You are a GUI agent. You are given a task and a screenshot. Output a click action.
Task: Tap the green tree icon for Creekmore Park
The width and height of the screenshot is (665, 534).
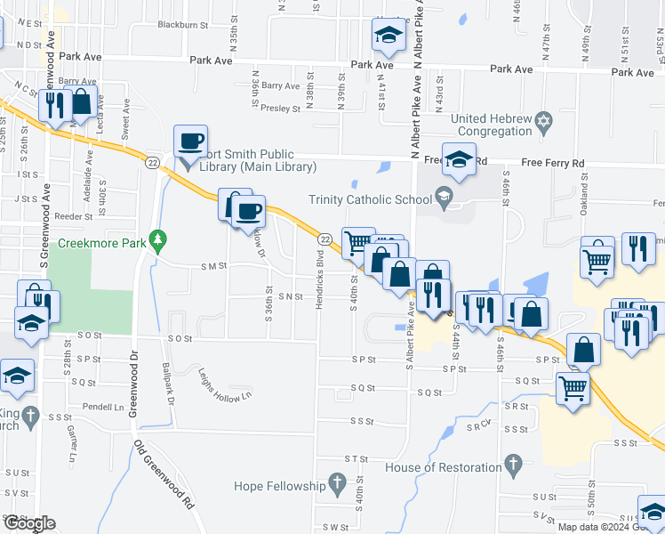[x=157, y=239]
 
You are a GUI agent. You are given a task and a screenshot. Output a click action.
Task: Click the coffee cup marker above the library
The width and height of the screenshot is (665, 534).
[x=190, y=141]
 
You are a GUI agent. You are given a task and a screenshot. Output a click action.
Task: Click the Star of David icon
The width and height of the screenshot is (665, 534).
[x=544, y=119]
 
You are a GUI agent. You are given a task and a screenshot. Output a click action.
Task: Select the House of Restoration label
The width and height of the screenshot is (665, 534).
[x=444, y=467]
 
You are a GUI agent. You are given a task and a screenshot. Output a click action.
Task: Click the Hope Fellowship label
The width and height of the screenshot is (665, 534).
[x=279, y=486]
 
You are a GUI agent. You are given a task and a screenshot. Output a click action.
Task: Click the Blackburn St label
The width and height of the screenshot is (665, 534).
[x=181, y=25]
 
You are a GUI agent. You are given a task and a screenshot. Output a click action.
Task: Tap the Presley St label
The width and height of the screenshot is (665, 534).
[x=281, y=108]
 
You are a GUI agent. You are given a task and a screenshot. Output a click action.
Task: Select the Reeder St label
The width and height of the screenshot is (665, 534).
[x=73, y=216]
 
